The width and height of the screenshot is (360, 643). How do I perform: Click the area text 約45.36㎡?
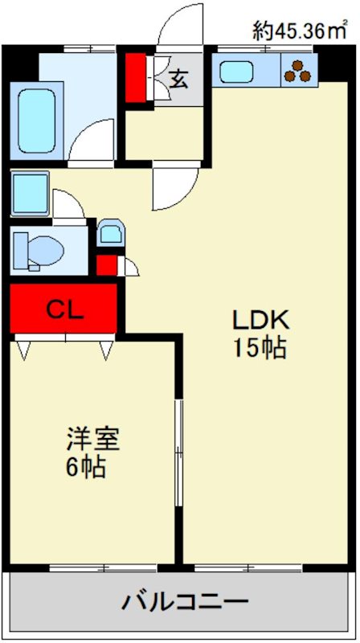point(300,31)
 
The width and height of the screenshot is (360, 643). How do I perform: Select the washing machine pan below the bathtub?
point(31,194)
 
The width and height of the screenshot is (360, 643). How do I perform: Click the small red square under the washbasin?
point(105,264)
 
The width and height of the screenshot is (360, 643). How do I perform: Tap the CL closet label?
point(64,309)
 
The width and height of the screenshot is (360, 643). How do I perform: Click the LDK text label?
point(260,321)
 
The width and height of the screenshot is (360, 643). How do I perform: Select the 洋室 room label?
point(92,440)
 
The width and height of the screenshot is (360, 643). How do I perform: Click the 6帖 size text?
point(85,469)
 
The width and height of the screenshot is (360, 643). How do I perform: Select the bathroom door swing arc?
point(92,141)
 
